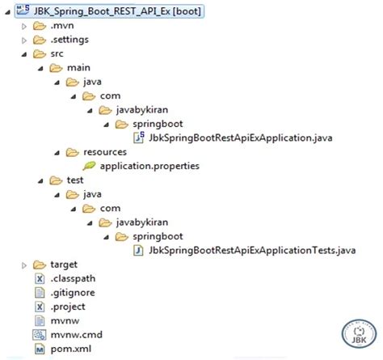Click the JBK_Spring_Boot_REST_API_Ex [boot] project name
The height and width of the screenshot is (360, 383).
pyautogui.click(x=117, y=11)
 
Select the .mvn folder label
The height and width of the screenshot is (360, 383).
pyautogui.click(x=62, y=26)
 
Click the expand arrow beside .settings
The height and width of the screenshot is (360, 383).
pyautogui.click(x=24, y=40)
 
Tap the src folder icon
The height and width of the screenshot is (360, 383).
pyautogui.click(x=40, y=54)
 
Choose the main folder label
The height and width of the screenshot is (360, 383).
pyautogui.click(x=78, y=68)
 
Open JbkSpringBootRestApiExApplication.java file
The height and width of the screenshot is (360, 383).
pyautogui.click(x=241, y=138)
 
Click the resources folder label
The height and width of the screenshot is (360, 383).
pyautogui.click(x=105, y=152)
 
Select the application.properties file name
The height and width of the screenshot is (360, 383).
pyautogui.click(x=149, y=166)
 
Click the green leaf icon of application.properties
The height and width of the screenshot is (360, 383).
pyautogui.click(x=89, y=166)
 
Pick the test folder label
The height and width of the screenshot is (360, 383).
pyautogui.click(x=75, y=180)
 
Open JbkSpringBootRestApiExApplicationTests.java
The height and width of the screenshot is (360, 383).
pyautogui.click(x=252, y=250)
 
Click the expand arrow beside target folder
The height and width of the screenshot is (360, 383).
pyautogui.click(x=24, y=265)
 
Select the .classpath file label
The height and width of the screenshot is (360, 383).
pyautogui.click(x=73, y=278)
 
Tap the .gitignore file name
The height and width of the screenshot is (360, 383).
pyautogui.click(x=73, y=293)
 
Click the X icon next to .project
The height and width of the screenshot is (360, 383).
pyautogui.click(x=40, y=307)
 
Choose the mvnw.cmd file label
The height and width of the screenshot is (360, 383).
pyautogui.click(x=77, y=335)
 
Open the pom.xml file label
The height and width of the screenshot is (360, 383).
pyautogui.click(x=71, y=349)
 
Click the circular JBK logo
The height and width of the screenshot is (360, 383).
pyautogui.click(x=359, y=334)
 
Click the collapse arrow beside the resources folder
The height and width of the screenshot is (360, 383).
pyautogui.click(x=57, y=153)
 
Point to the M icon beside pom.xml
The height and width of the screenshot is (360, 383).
pyautogui.click(x=40, y=349)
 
